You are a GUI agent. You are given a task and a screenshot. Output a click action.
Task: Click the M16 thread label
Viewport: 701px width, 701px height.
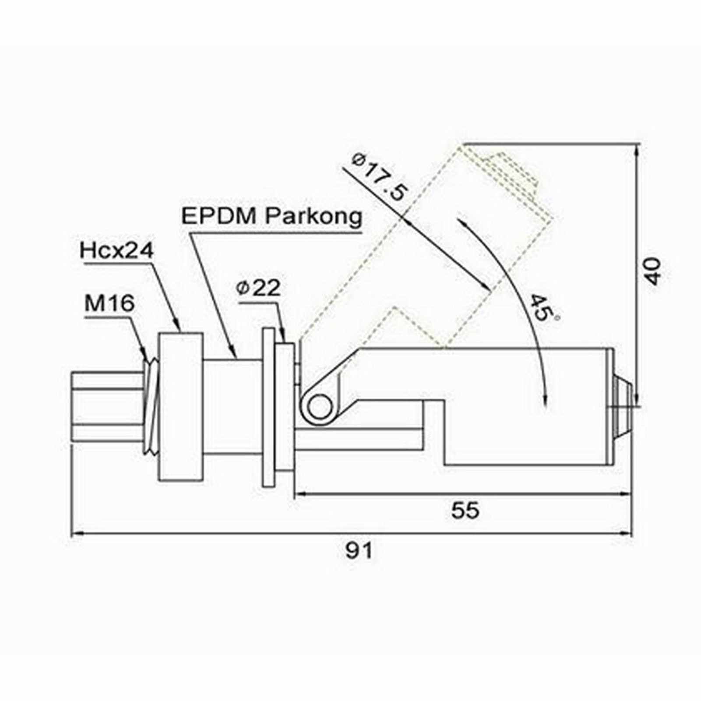109,303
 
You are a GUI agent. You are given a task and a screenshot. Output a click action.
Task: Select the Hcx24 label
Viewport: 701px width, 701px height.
117,251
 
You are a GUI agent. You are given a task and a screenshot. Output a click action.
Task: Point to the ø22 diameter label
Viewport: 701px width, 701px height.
257,288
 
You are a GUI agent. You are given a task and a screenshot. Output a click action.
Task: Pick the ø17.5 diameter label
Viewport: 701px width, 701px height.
380,176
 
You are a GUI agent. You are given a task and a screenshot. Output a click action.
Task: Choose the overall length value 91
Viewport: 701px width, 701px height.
359,550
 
